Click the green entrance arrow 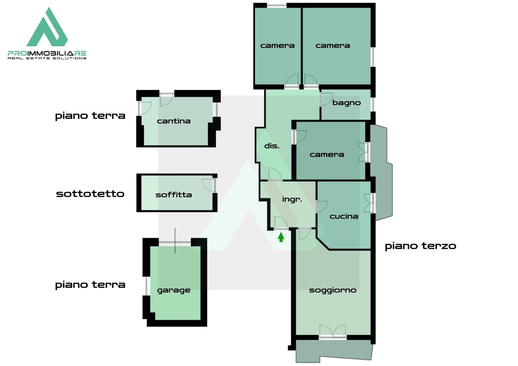(281, 237)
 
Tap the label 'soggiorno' (333, 290)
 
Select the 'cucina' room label (344, 216)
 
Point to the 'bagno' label (346, 103)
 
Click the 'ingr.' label (292, 199)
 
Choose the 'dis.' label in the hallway (272, 146)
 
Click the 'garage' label (174, 291)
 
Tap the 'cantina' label (174, 121)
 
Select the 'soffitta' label (174, 195)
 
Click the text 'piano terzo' (420, 246)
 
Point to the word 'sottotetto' (90, 194)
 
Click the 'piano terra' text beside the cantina (90, 116)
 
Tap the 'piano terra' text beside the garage (90, 285)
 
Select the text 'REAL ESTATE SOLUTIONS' (47, 58)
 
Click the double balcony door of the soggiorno (333, 331)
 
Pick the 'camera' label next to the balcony (327, 155)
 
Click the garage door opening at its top (175, 242)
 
